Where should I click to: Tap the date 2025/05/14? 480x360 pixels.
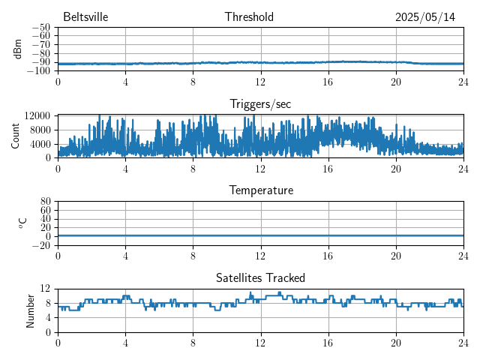tap(425, 17)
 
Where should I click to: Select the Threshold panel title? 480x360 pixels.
tap(249, 17)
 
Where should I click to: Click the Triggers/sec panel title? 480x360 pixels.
tap(260, 103)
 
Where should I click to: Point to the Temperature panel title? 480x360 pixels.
tap(261, 190)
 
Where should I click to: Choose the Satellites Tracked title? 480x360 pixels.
tap(260, 277)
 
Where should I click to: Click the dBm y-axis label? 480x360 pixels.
tap(18, 49)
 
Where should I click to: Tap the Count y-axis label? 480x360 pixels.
tap(16, 136)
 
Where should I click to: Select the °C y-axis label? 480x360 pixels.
tap(23, 223)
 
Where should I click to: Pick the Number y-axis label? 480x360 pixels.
tap(31, 310)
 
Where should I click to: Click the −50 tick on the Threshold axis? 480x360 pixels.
tap(41, 28)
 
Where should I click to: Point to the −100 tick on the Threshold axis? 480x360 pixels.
tap(39, 70)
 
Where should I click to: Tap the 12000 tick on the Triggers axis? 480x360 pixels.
tap(37, 115)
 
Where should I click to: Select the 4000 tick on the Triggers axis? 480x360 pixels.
tap(40, 144)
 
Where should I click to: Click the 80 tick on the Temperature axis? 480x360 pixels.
tap(45, 202)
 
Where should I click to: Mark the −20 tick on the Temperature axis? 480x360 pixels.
tap(41, 245)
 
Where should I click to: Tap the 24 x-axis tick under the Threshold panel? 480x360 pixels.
tap(463, 82)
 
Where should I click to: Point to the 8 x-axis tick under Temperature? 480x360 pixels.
tap(193, 256)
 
